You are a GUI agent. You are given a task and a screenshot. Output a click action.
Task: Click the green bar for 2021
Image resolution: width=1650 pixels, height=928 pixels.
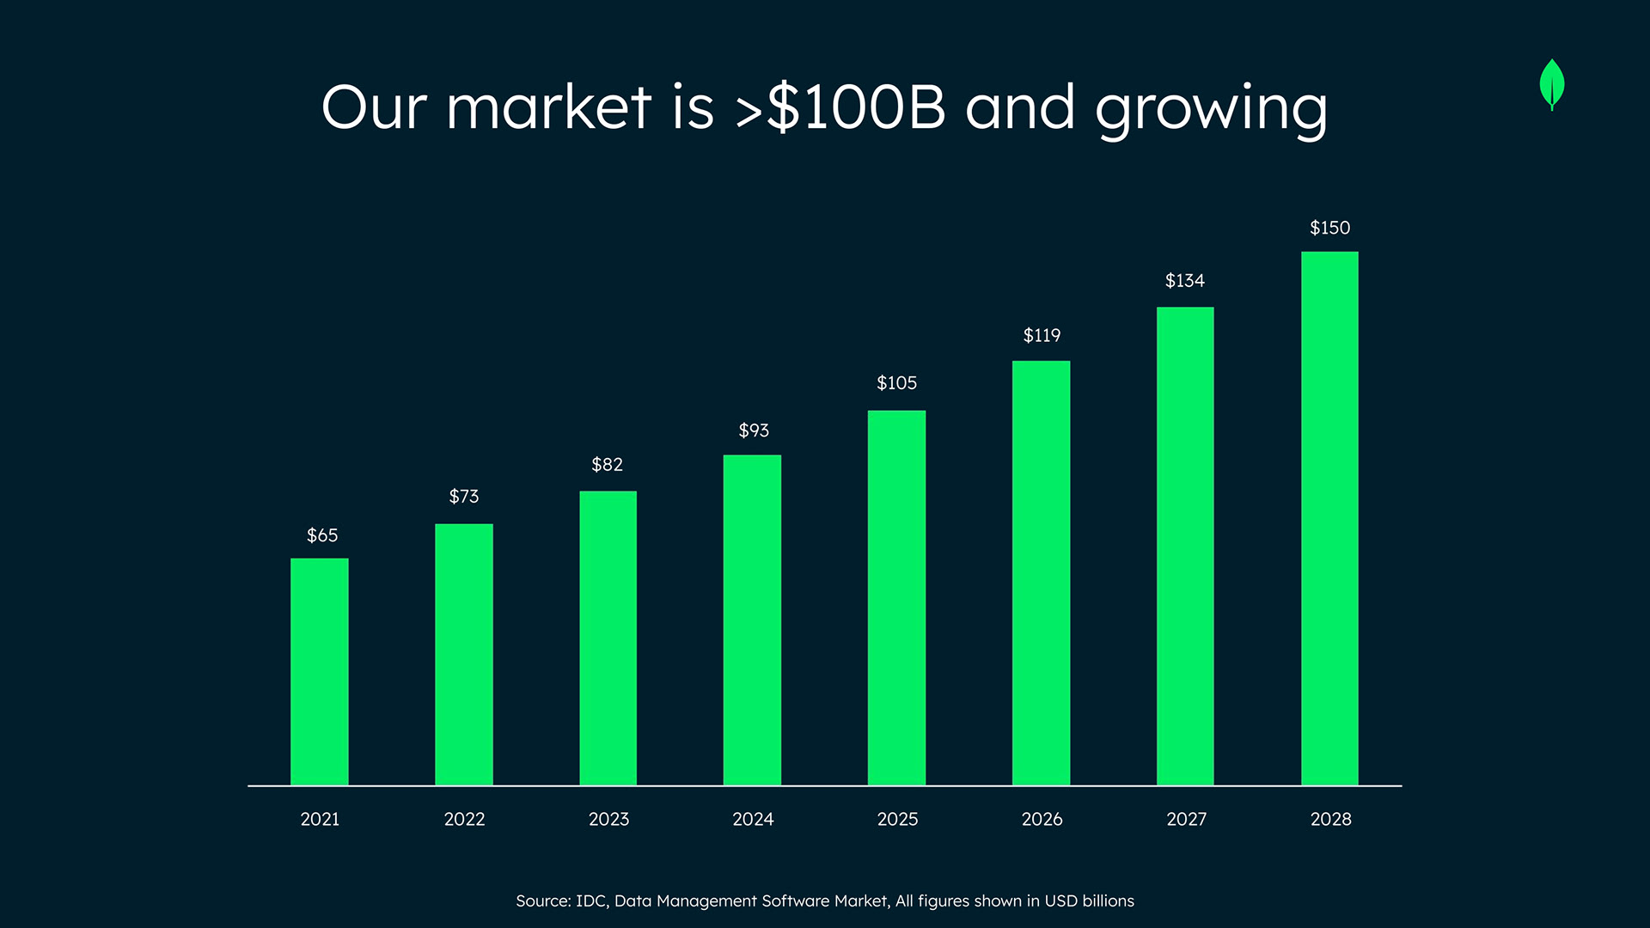coord(320,671)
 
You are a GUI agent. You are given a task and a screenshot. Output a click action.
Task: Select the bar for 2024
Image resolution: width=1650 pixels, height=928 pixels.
coord(752,620)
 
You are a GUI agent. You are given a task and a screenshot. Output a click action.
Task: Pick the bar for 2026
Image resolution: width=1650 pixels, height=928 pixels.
coord(1041,572)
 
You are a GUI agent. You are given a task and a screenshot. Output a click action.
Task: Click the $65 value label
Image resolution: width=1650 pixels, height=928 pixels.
coord(322,535)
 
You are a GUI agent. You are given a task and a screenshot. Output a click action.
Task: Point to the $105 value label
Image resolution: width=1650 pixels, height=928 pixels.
coord(896,383)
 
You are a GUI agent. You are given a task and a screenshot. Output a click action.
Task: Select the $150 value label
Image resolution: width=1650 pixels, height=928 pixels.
coord(1329,228)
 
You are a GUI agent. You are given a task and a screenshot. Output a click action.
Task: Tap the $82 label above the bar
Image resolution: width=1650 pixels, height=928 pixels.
coord(607,465)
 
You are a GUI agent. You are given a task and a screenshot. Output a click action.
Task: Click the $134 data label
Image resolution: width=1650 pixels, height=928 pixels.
coord(1184,281)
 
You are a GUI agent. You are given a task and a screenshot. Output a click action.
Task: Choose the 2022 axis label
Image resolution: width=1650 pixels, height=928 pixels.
coord(464,820)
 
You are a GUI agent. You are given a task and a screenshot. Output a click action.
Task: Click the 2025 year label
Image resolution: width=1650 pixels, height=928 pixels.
coord(897,820)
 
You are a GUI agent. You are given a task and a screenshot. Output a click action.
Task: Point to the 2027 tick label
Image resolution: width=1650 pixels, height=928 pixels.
coord(1186,820)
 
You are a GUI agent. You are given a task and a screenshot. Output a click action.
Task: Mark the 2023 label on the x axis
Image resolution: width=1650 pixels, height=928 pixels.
coord(608,820)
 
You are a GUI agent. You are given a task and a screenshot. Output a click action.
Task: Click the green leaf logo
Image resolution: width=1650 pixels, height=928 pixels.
coord(1552,84)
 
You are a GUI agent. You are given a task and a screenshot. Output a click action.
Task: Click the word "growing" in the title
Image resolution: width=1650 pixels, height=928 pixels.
coord(1211,110)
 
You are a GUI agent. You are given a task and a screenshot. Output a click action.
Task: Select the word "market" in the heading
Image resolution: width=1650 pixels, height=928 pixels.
coord(548,107)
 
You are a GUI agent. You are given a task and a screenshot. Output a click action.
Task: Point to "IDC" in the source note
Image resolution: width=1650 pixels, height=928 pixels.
coord(591,901)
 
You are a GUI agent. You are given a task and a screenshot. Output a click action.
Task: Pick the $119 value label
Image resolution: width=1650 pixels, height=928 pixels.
coord(1042,336)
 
